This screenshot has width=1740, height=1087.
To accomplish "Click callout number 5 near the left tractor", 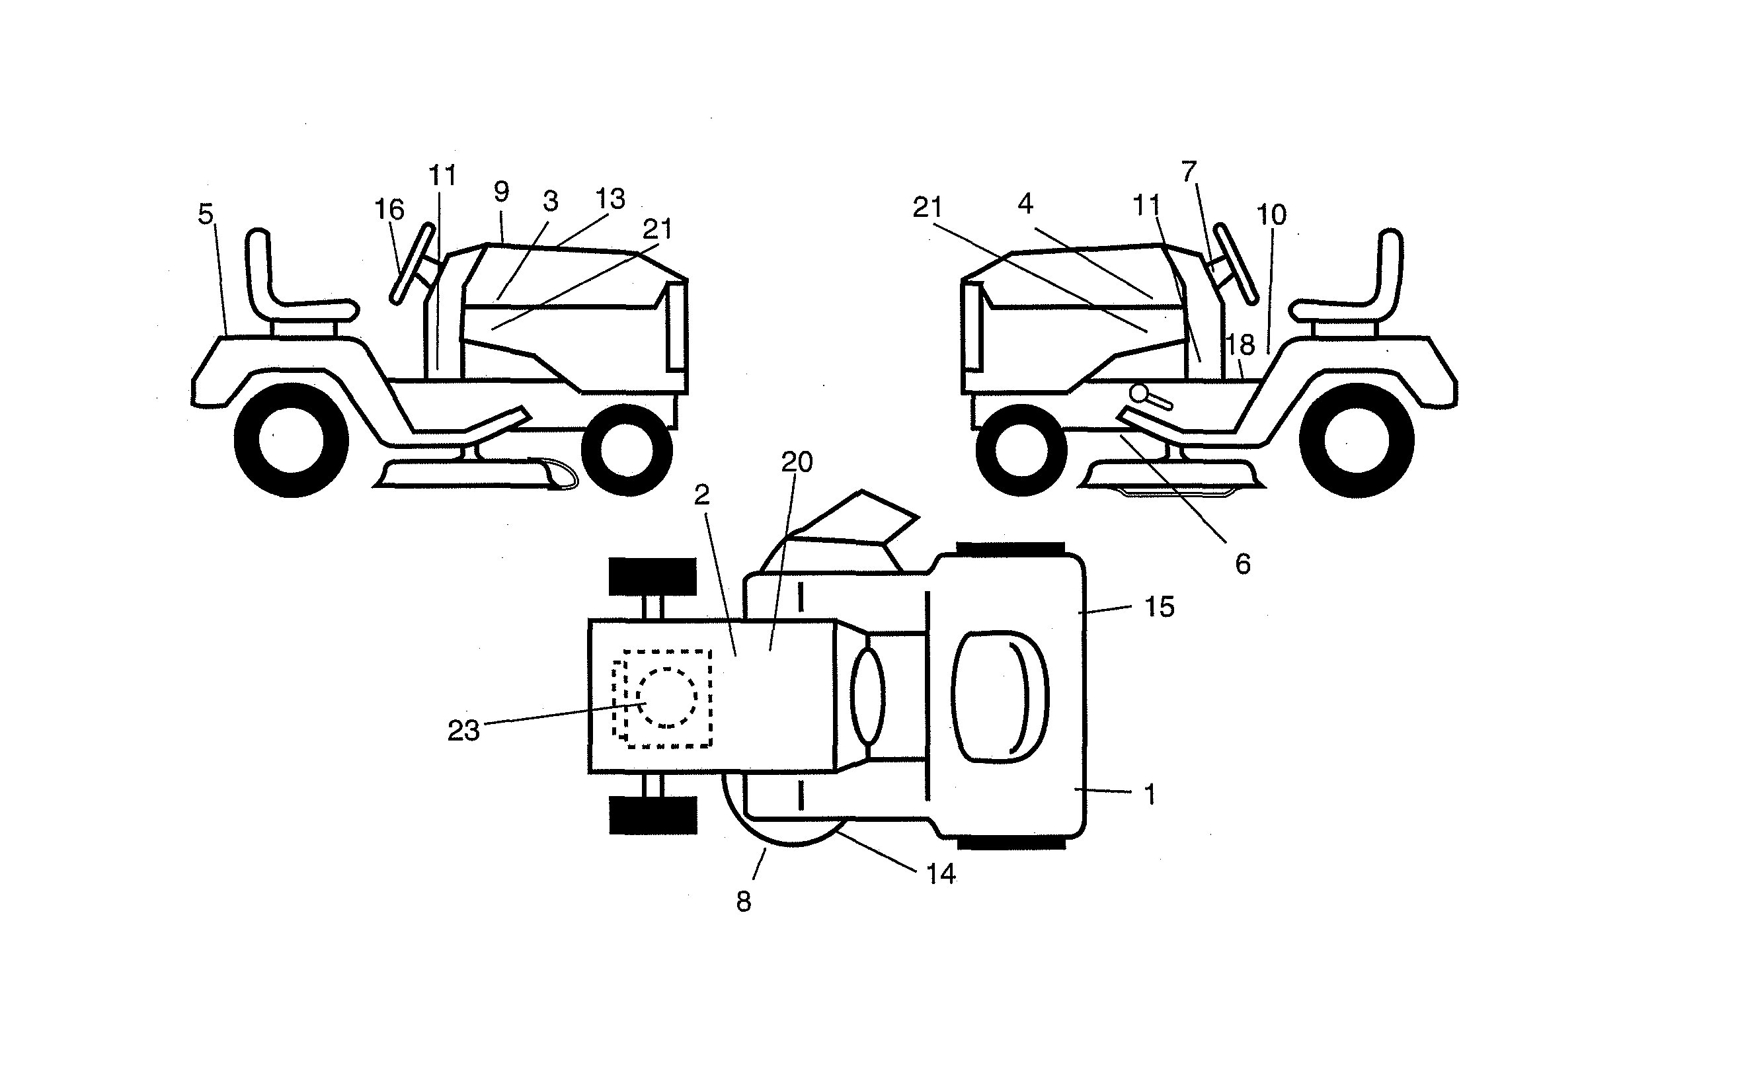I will (206, 214).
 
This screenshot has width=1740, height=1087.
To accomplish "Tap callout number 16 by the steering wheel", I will (389, 210).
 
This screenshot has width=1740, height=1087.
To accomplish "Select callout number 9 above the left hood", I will (502, 192).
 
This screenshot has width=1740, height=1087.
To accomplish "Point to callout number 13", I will (611, 198).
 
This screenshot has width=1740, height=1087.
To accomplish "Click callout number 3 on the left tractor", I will (551, 201).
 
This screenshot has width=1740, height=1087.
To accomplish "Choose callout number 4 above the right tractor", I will (1025, 204).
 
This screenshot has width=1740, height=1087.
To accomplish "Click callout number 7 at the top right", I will (1189, 171).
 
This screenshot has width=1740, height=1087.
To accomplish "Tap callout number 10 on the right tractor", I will (1271, 214).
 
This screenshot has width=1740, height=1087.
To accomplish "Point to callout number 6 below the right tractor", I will (1243, 565).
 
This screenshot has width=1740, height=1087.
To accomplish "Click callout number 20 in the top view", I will (797, 462).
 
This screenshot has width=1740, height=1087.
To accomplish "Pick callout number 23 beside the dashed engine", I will (463, 731).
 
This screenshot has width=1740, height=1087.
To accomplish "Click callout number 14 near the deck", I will (941, 874).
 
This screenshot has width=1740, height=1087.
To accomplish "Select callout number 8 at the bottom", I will (744, 901).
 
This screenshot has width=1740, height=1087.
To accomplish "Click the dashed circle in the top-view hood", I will (667, 698).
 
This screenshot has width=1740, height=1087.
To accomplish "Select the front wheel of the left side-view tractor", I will (627, 450).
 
